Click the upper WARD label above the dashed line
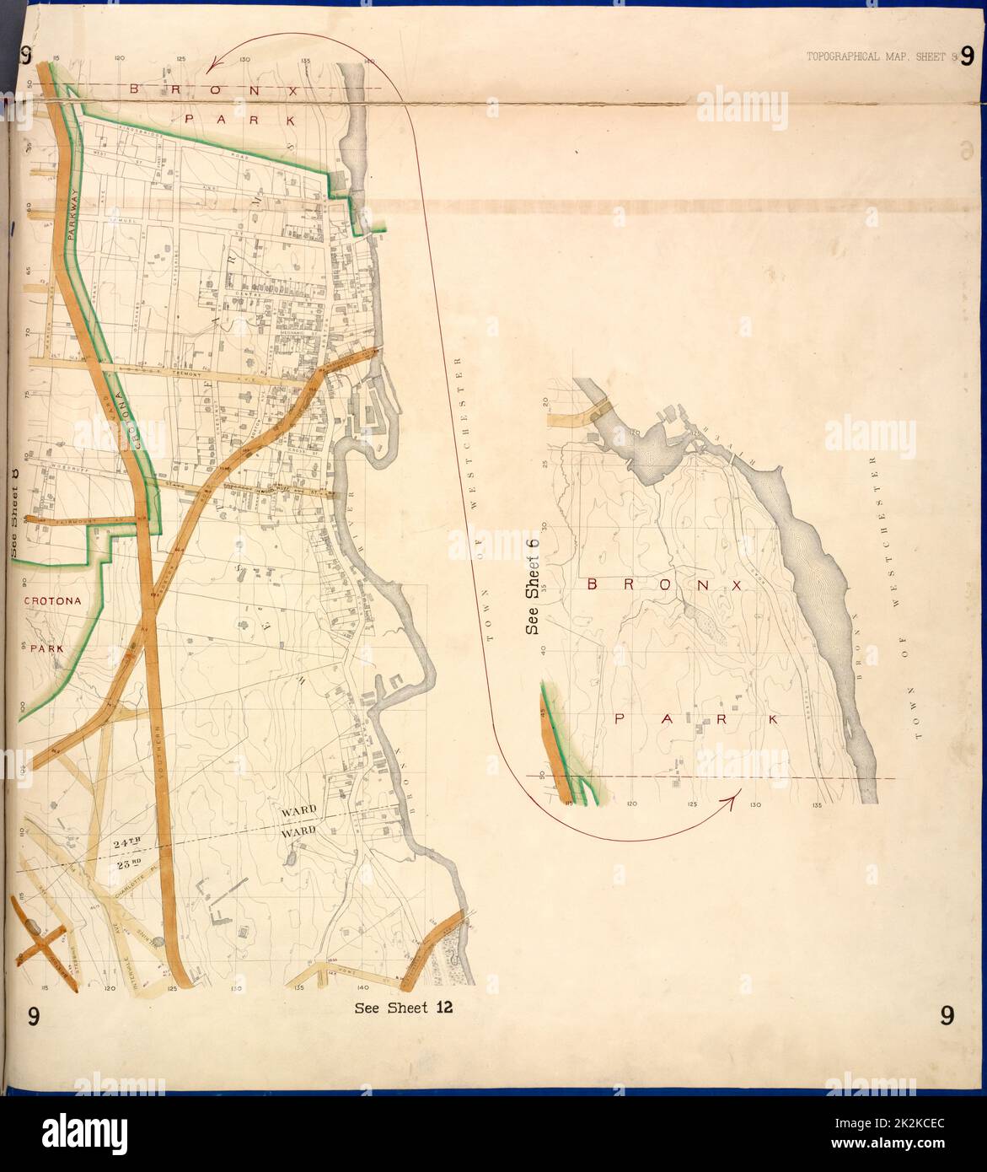[299, 811]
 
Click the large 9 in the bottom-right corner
[947, 1017]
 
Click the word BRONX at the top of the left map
[213, 89]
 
